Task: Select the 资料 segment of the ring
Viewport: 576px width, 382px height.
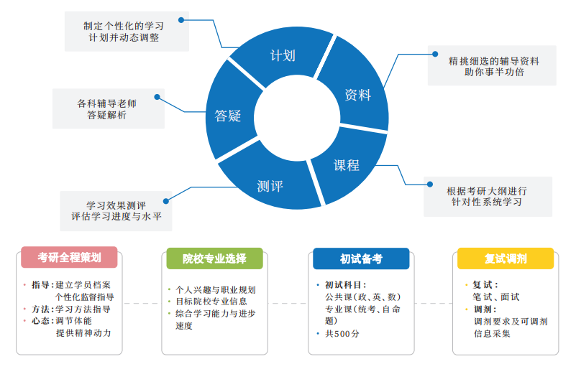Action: [357, 95]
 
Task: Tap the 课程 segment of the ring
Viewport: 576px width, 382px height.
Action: [346, 165]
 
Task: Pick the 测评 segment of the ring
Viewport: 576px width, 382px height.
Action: [270, 186]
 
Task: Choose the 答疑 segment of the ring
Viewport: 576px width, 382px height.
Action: [227, 116]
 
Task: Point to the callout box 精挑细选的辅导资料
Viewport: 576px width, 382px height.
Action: [493, 66]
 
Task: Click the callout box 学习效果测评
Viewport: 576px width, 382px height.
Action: [116, 209]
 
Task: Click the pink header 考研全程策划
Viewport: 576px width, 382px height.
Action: [69, 258]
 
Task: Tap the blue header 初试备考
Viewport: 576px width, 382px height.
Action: [361, 258]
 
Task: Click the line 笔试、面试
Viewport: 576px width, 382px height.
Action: [496, 297]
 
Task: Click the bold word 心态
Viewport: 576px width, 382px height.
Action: [41, 321]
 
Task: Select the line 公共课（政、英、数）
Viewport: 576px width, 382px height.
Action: [363, 297]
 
